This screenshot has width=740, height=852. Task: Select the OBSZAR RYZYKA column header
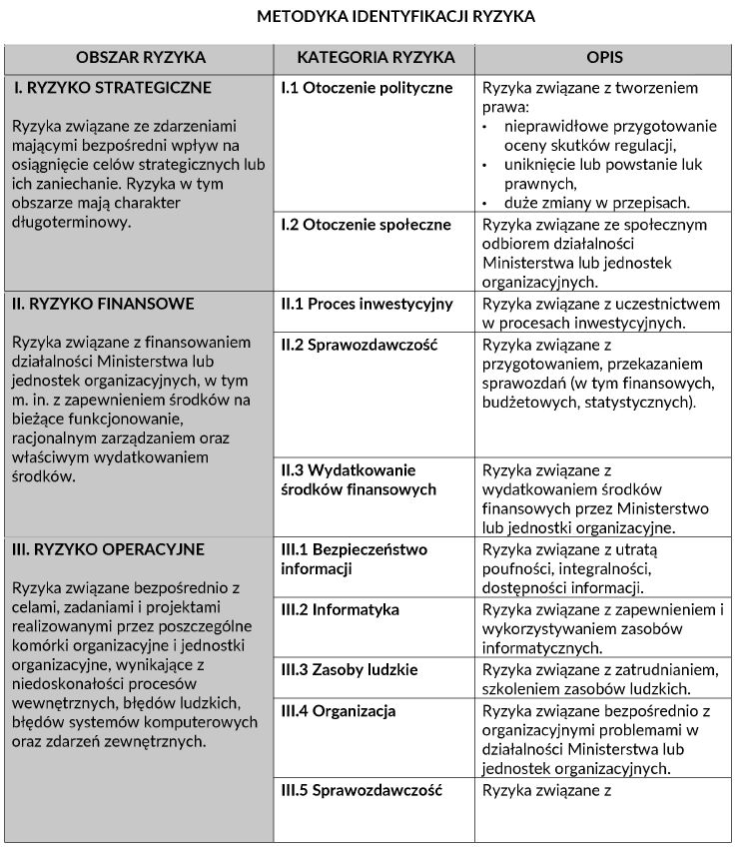click(x=140, y=58)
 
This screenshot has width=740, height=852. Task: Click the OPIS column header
click(x=605, y=58)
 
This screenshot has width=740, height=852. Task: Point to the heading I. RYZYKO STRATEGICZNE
click(x=112, y=88)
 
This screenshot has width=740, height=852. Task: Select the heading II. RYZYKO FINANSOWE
click(x=104, y=304)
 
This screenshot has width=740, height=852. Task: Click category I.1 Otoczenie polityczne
click(x=367, y=88)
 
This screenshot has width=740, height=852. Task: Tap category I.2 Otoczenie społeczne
click(x=366, y=225)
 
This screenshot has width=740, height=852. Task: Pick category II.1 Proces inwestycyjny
click(x=367, y=304)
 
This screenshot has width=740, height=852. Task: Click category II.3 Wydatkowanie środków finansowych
click(x=359, y=479)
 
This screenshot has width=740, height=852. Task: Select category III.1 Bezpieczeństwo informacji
click(x=354, y=559)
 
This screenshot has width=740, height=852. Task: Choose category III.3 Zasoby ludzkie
click(x=350, y=670)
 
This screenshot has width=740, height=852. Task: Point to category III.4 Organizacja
click(x=339, y=711)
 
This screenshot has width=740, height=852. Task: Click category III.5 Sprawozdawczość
click(x=362, y=790)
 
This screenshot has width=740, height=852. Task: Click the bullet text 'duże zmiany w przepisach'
click(x=584, y=202)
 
